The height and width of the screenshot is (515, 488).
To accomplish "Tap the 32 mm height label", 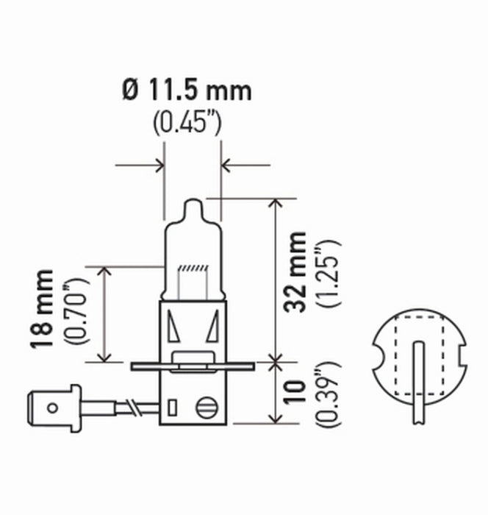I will (x=298, y=272).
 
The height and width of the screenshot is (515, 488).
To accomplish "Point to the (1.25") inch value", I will (x=326, y=273).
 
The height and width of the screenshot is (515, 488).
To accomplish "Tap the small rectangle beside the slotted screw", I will (x=173, y=405).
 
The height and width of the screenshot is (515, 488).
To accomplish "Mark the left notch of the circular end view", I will (x=380, y=358).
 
